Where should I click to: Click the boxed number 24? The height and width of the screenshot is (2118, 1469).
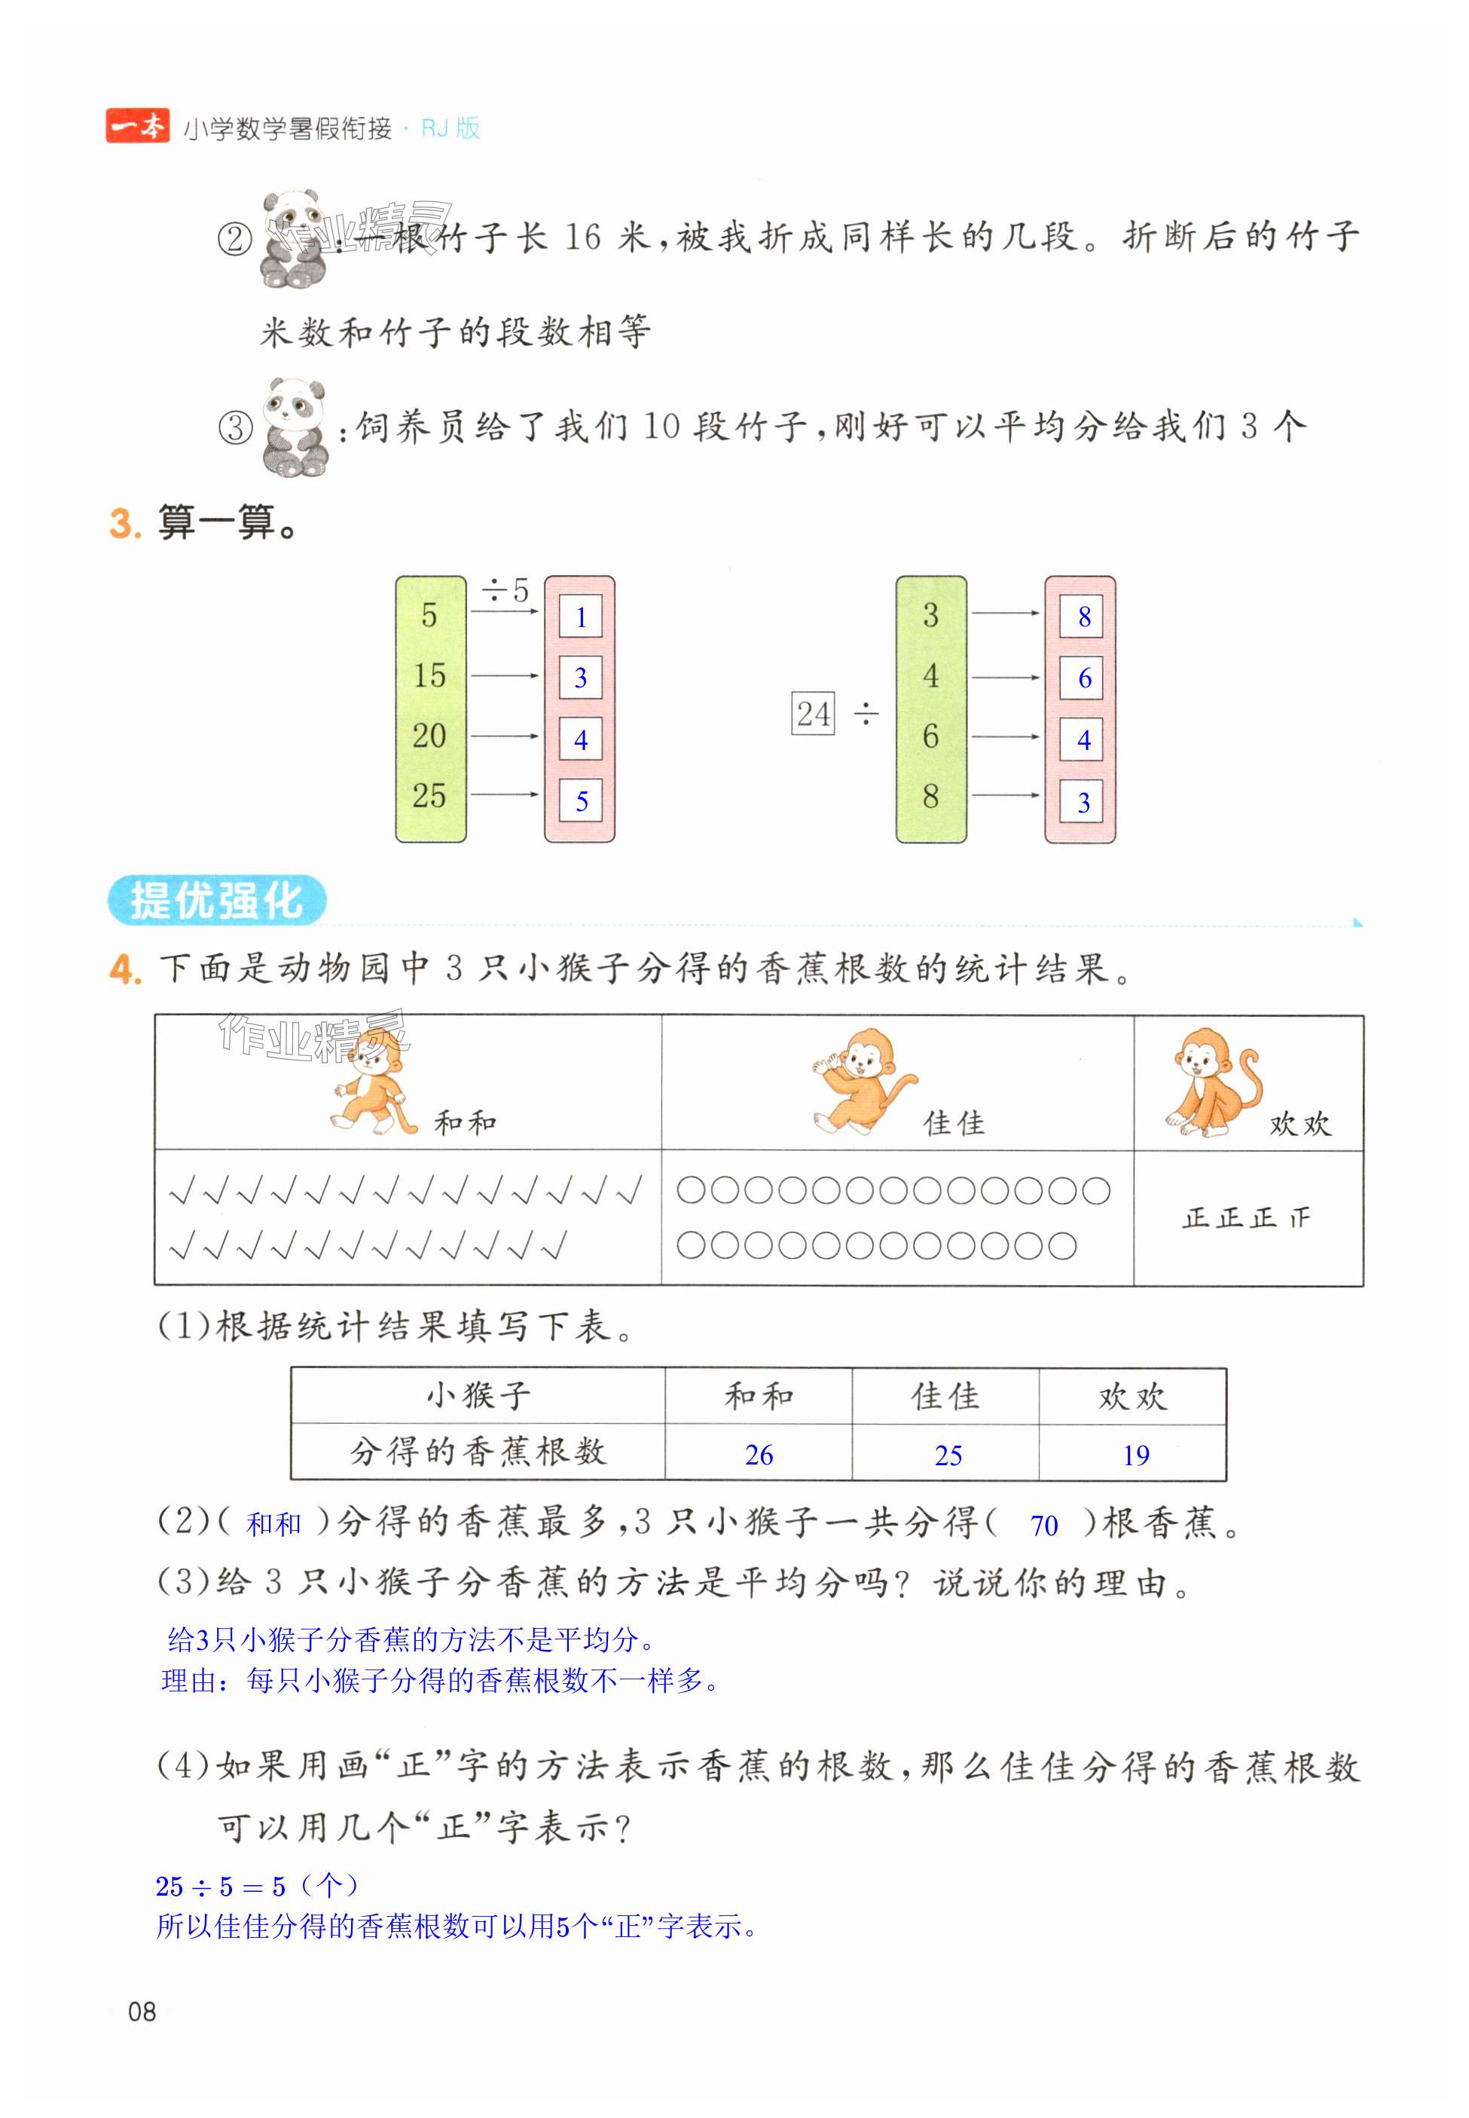coord(813,714)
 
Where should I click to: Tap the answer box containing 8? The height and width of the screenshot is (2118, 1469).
coord(1083,616)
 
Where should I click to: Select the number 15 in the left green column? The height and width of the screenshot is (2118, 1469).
coord(429,675)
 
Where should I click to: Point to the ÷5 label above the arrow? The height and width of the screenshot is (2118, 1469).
coord(505,590)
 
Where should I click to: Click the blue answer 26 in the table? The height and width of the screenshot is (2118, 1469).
coord(759,1454)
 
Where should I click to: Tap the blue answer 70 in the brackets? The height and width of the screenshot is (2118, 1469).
coord(1044,1526)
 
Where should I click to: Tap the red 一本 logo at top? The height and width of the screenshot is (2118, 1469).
coord(137,126)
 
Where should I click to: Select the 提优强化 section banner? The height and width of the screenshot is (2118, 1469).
coord(217,900)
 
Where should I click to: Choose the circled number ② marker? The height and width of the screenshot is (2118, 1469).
coord(235,240)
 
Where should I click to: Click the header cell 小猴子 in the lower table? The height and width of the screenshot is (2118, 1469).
coord(478,1396)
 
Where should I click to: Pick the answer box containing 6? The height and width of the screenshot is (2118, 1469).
coord(1083,678)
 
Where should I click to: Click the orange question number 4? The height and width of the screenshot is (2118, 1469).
coord(124,969)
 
